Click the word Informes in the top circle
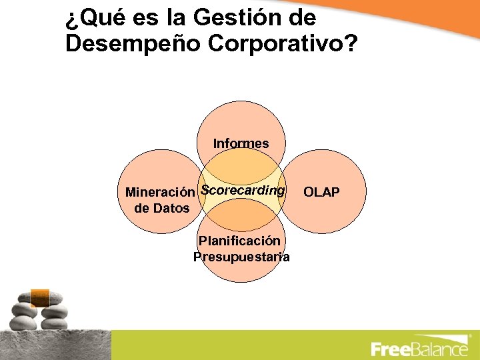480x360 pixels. coord(241,143)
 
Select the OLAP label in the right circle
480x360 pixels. coord(321,193)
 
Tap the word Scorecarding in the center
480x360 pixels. coord(243,190)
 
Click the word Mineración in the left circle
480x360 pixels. coord(161,193)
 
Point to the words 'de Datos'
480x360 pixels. coord(162,209)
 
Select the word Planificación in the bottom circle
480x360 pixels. coord(239,240)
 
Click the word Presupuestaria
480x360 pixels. coord(241,257)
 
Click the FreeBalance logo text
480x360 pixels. coord(419,349)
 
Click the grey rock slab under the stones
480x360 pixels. coord(53,344)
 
